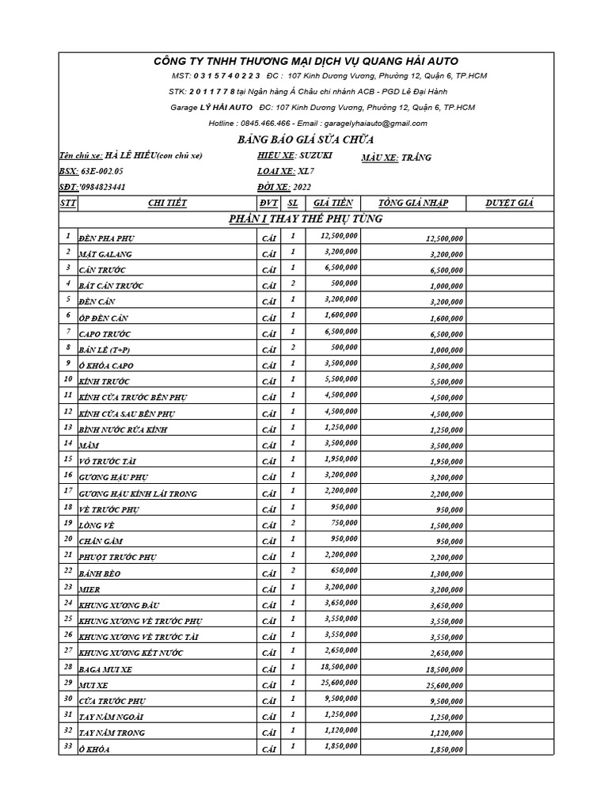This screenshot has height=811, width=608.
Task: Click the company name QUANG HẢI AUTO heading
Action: [x=305, y=61]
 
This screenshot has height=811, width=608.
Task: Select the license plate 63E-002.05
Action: [x=102, y=171]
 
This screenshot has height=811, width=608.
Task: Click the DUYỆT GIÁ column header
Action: [x=509, y=203]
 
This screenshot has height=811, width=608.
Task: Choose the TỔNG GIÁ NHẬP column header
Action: [x=413, y=203]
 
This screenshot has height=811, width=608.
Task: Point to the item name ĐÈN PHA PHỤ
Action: [x=106, y=238]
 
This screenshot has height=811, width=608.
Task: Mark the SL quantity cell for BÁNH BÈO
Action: [x=292, y=570]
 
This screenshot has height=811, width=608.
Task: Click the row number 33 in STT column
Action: [x=68, y=747]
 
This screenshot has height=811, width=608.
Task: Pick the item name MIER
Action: [x=89, y=589]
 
